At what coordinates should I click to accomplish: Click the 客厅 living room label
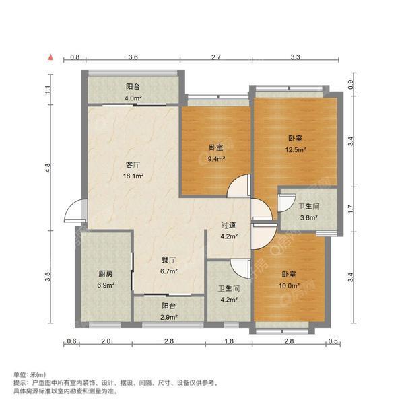[x=131, y=165]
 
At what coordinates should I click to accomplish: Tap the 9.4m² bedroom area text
[x=215, y=160]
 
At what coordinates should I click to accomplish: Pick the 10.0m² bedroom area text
[x=290, y=285]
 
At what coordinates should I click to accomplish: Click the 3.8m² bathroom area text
[x=308, y=217]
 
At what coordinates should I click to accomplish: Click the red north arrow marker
[x=50, y=59]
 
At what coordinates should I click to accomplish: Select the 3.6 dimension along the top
[x=133, y=59]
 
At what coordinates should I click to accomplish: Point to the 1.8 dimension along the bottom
[x=228, y=342]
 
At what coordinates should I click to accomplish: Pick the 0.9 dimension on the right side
[x=350, y=85]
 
